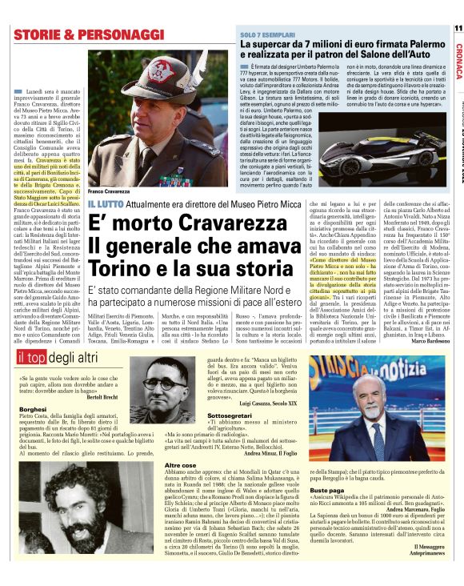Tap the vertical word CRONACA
coord(458,60)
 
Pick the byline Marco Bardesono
coord(433,342)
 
